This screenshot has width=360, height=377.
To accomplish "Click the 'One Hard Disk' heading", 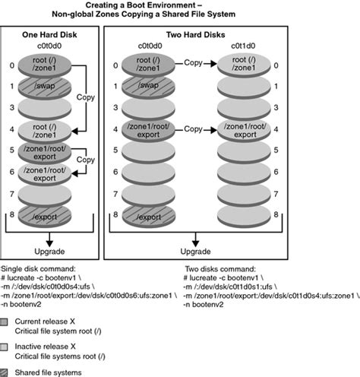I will point(49,35).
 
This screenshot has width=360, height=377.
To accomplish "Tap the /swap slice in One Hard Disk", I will point(49,87).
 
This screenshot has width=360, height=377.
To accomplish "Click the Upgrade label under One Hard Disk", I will point(49,252).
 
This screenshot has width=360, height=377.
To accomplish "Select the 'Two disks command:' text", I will point(221,268).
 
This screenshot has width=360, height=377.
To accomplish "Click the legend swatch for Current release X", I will point(7,323).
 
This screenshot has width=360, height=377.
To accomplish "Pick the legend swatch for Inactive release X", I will point(7,347).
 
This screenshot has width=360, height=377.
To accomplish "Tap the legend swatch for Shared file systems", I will point(7,372).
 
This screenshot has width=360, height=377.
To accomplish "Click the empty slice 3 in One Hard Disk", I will point(49,109).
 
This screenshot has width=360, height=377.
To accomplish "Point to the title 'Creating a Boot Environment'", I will point(180,5).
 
